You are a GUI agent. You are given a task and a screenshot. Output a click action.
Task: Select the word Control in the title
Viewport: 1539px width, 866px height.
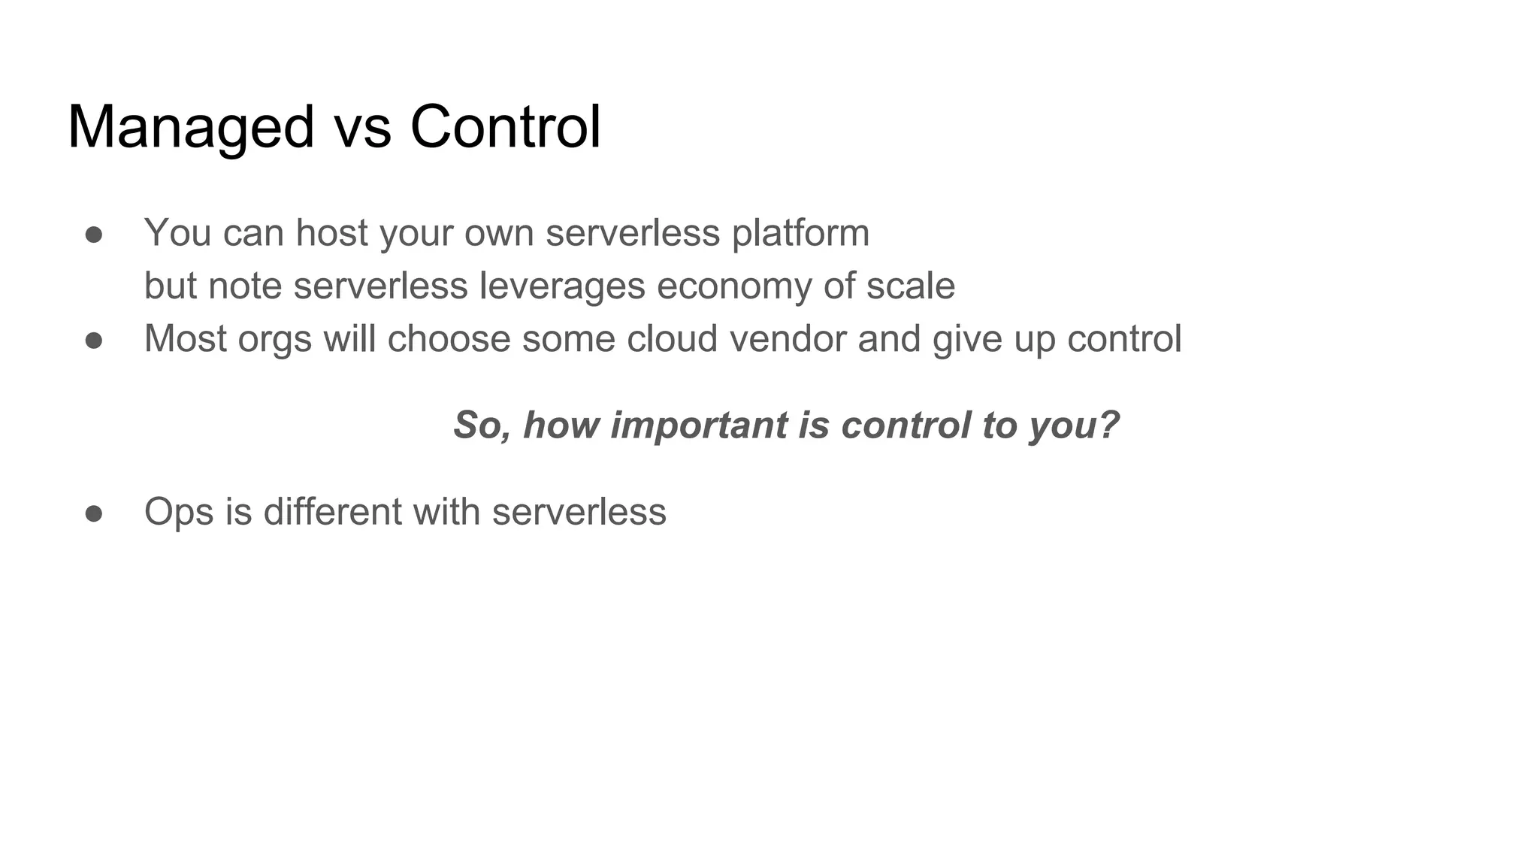tap(505, 128)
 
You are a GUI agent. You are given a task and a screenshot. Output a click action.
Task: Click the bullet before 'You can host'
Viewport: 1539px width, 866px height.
tap(94, 235)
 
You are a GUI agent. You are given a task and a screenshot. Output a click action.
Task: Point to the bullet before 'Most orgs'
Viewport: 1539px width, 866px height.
tap(94, 341)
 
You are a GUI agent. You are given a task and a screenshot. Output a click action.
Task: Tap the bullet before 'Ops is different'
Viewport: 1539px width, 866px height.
tap(94, 513)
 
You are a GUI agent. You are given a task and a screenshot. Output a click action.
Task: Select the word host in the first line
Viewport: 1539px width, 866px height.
tap(331, 233)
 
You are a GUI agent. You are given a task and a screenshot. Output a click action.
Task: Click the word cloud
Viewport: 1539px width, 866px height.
tap(672, 339)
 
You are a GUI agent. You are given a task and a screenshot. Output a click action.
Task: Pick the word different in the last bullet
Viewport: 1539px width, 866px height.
tap(332, 512)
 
